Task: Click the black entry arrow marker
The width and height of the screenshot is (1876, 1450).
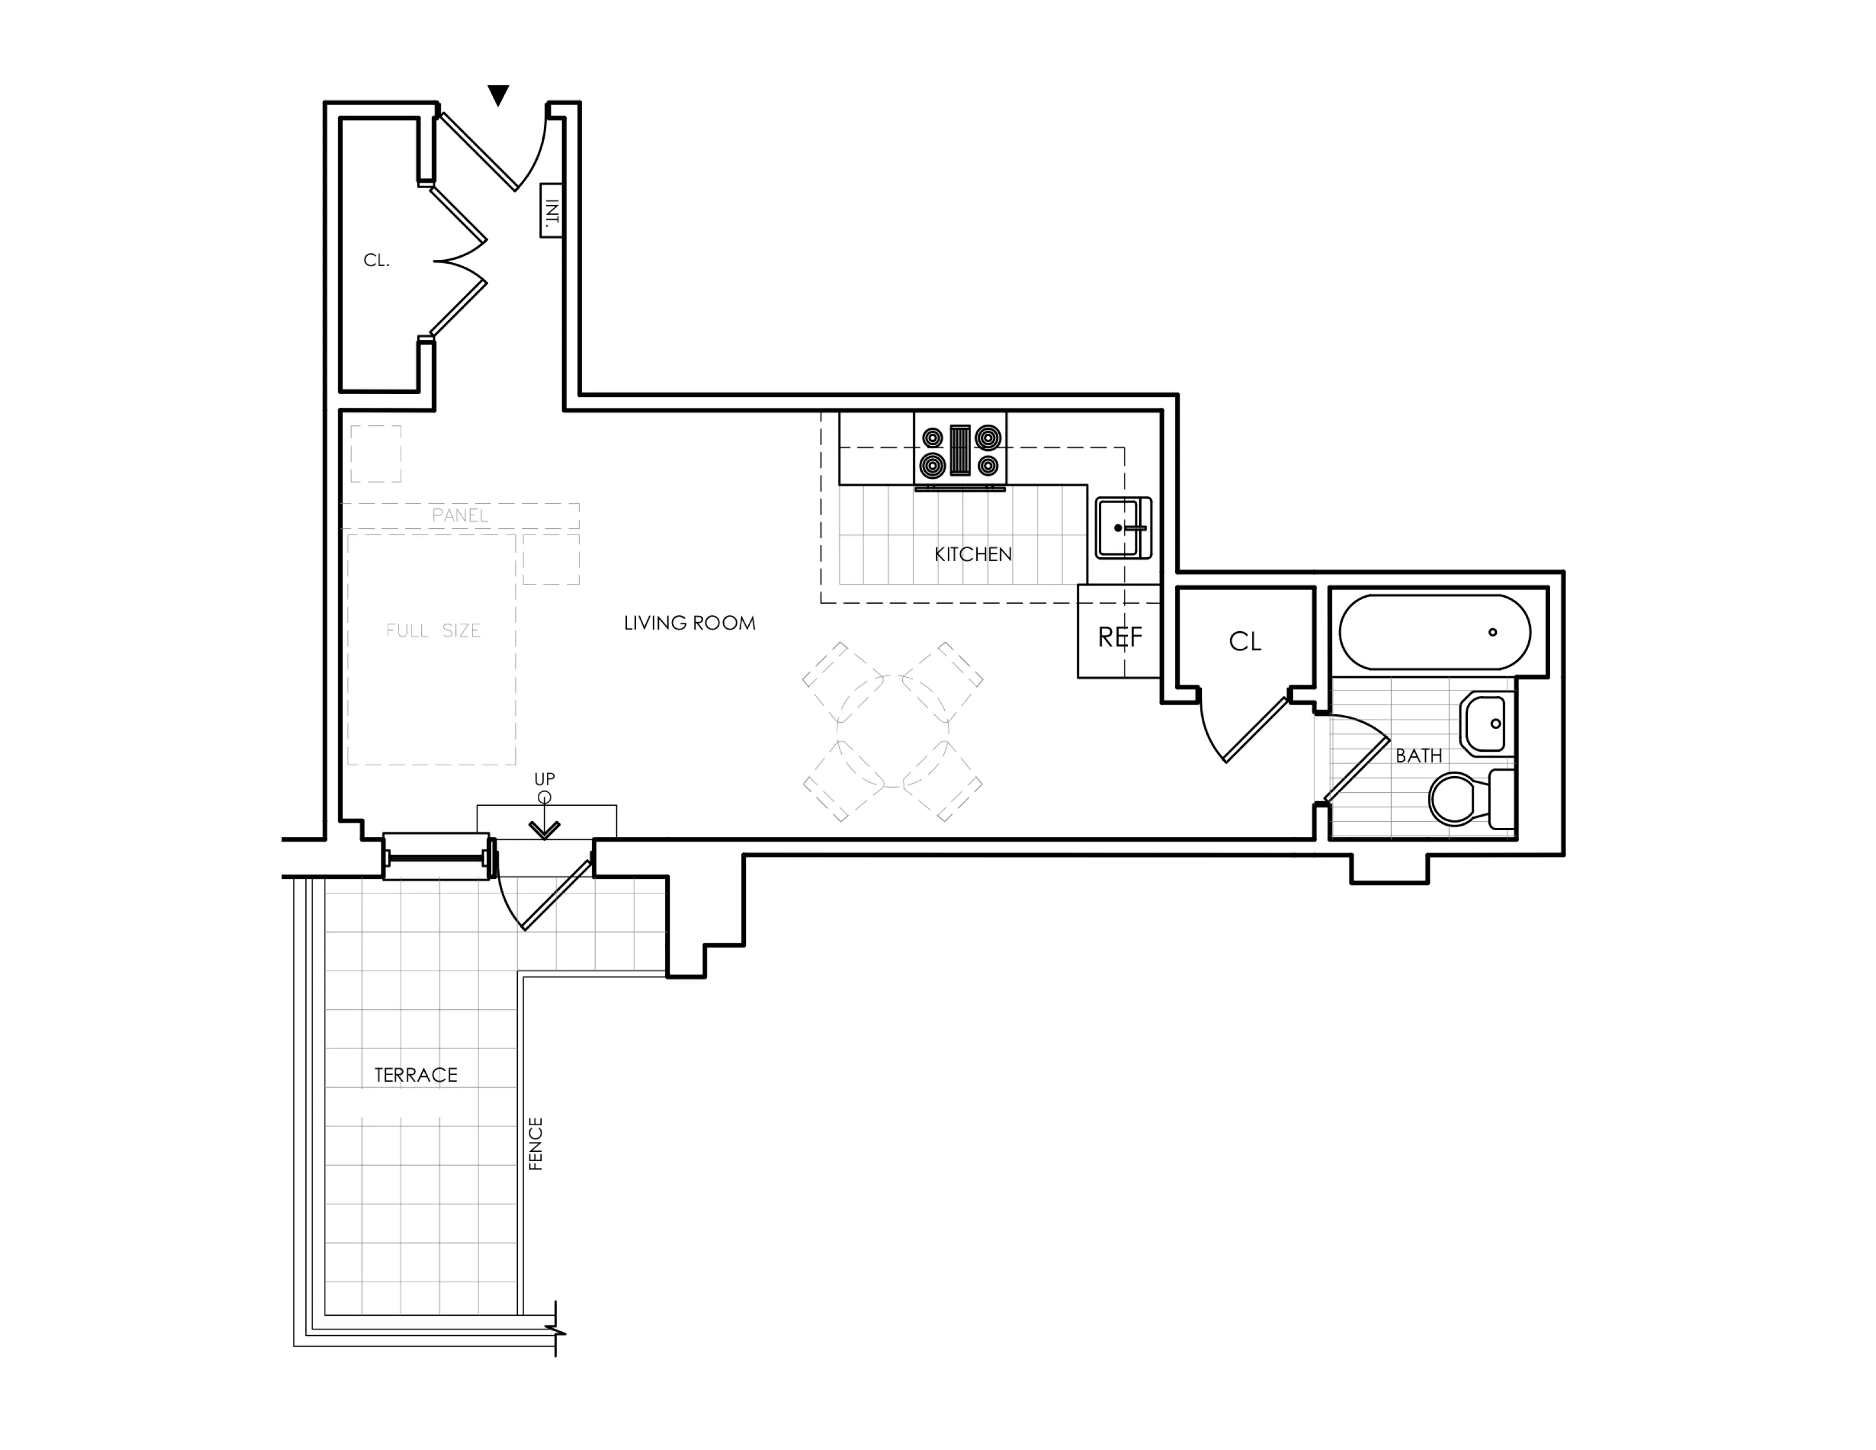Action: click(498, 94)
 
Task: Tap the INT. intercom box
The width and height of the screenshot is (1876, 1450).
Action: click(551, 210)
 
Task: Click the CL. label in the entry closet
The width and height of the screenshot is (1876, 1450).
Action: click(376, 260)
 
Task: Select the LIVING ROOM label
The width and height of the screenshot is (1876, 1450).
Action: click(689, 624)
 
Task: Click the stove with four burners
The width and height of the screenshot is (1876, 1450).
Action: click(960, 451)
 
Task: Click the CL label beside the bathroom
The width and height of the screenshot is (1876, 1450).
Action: click(1244, 641)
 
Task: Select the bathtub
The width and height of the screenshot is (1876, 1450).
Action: click(1434, 632)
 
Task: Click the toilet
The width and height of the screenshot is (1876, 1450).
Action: click(1469, 799)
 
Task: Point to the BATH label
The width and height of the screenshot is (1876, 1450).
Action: click(1418, 756)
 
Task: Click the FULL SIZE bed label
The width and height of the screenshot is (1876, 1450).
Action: click(433, 631)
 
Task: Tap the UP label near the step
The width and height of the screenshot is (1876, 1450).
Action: click(545, 779)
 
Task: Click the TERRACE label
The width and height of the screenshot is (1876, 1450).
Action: click(416, 1075)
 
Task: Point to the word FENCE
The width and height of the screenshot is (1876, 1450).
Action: click(535, 1144)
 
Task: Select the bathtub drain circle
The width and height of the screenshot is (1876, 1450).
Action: click(1492, 632)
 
